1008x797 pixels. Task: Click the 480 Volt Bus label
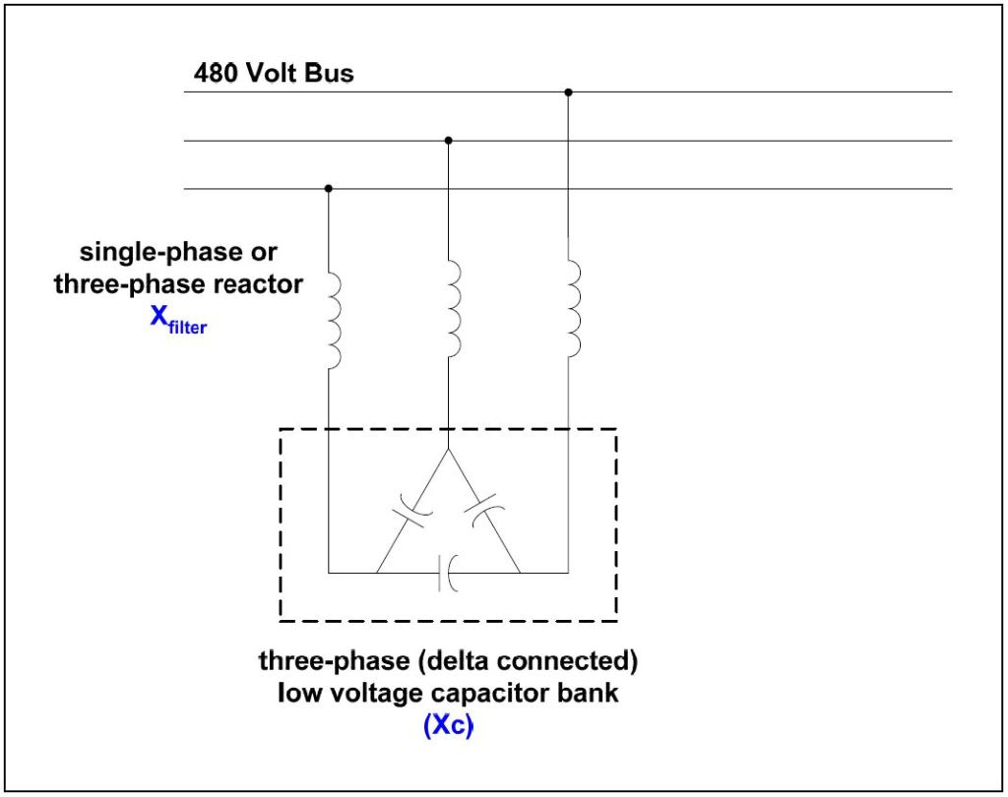click(x=274, y=73)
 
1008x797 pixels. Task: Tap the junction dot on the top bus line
click(x=568, y=92)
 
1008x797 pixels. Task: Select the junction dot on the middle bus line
click(x=448, y=141)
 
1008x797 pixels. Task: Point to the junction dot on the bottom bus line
click(x=328, y=188)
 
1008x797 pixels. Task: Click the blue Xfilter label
click(x=177, y=323)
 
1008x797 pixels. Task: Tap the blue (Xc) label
click(x=448, y=729)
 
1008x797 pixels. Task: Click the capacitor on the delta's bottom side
click(x=448, y=572)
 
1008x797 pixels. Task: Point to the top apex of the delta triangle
click(x=448, y=452)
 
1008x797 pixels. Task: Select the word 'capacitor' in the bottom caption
click(x=499, y=693)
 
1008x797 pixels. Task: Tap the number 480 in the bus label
click(x=214, y=73)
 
